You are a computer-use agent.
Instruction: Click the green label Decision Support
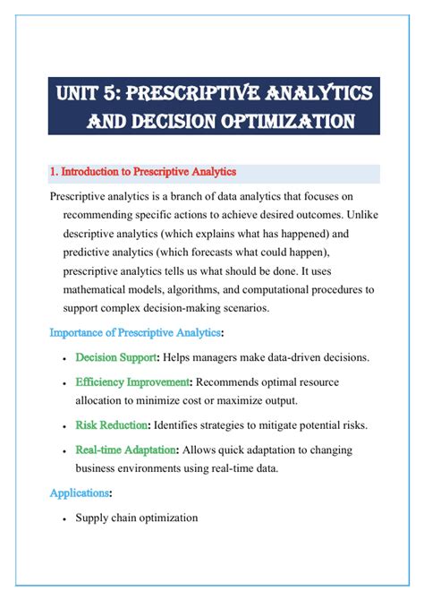tap(116, 358)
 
